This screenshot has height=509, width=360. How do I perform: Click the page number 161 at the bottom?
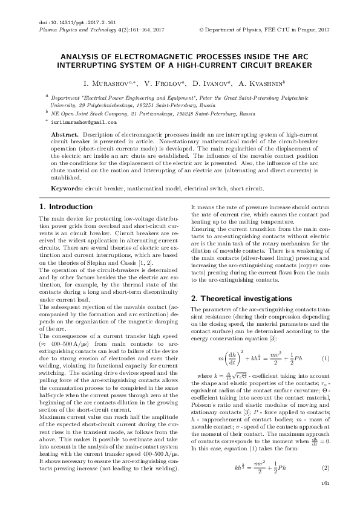(x=325, y=484)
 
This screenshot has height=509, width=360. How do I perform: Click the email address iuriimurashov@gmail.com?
(x=83, y=122)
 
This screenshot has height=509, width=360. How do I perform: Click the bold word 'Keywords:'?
(x=67, y=188)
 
